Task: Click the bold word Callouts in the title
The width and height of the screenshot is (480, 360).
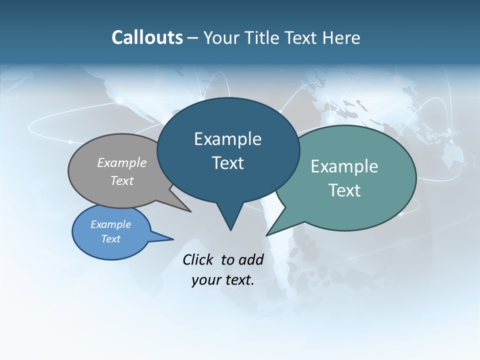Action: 147,37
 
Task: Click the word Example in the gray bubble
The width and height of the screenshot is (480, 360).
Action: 122,163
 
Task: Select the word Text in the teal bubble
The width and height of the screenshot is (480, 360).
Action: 344,190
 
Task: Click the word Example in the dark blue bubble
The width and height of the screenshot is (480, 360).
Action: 227,139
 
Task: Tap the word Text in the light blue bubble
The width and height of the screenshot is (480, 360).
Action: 111,239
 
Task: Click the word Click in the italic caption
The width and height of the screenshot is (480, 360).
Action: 198,259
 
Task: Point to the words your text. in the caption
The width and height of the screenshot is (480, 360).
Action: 223,280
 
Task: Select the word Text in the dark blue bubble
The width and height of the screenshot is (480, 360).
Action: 228,163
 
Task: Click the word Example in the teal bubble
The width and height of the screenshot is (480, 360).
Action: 344,166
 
